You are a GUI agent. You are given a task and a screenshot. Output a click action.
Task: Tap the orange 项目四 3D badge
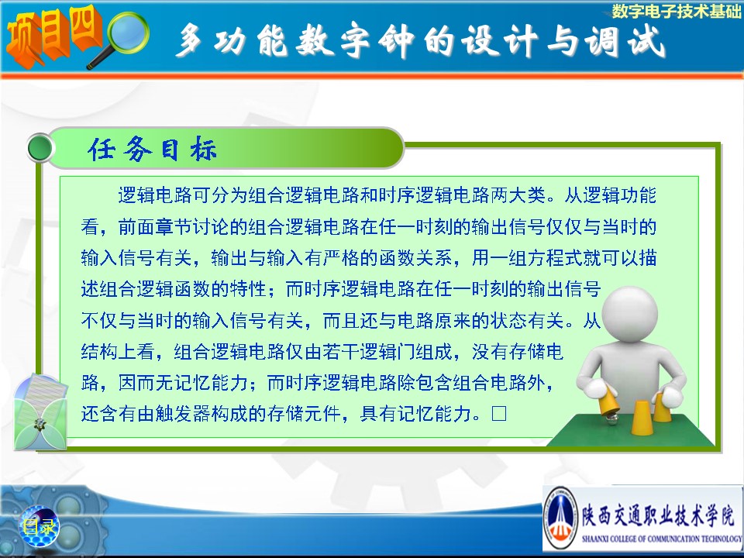point(53,35)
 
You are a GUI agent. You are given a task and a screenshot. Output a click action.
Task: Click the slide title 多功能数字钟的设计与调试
point(419,41)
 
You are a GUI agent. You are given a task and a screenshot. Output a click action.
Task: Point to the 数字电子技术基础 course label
point(676,10)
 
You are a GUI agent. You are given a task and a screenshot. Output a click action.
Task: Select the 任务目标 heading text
point(152,149)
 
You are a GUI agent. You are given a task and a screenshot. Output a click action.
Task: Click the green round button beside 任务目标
point(40,147)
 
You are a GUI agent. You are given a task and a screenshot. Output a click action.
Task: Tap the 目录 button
point(39,527)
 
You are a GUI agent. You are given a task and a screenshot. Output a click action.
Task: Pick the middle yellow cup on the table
point(642,418)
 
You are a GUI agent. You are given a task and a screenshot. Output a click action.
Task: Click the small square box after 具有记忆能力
point(498,413)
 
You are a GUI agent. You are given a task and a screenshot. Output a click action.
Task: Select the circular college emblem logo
point(560,518)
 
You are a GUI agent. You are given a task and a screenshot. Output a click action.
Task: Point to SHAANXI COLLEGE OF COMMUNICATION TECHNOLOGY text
point(661,539)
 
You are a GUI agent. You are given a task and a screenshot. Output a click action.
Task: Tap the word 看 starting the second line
point(90,227)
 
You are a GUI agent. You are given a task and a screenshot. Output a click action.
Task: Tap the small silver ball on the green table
point(612,419)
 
